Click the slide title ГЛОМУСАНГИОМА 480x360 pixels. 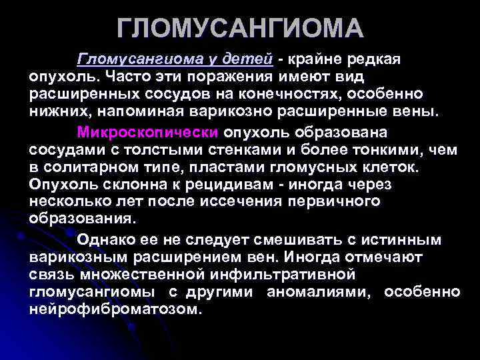coord(240,28)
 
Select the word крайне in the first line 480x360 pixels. coord(317,59)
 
